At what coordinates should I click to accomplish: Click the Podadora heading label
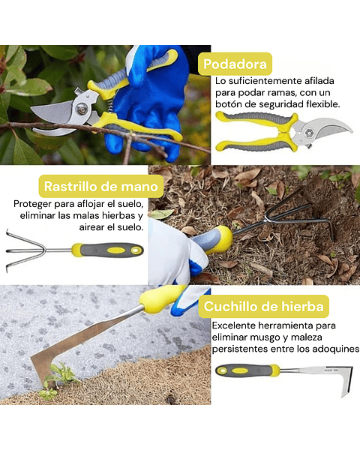click(235, 64)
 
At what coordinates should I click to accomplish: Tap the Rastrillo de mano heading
click(92, 186)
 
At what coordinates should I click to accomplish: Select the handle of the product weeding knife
click(247, 370)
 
